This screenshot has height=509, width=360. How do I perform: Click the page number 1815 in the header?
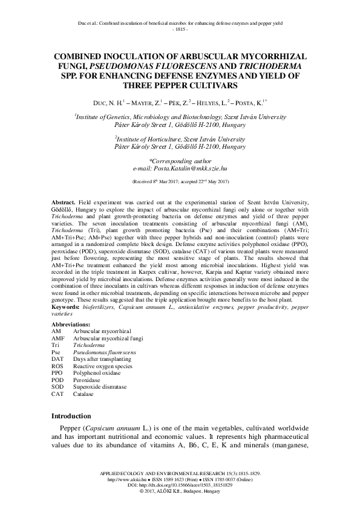pos(180,30)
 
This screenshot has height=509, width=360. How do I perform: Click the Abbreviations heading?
pos(76,325)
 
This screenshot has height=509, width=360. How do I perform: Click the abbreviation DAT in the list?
pos(57,358)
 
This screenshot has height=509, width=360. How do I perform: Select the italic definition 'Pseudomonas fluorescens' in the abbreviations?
pos(105,352)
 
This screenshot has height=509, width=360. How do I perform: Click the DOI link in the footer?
pos(180,485)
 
